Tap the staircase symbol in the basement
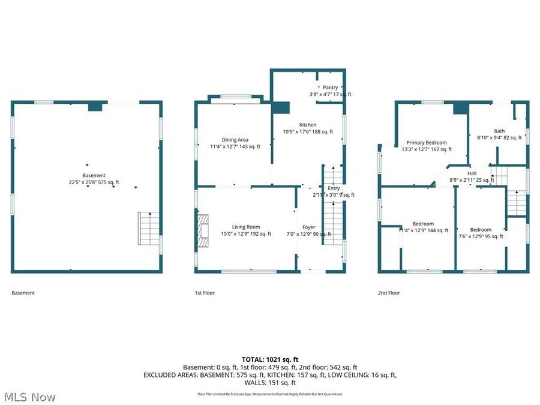(149, 227)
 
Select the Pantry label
(330, 88)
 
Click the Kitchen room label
(307, 124)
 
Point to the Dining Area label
(235, 140)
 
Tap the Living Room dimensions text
(246, 234)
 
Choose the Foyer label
(308, 227)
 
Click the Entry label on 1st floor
(334, 188)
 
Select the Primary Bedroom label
(426, 143)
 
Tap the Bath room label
(499, 131)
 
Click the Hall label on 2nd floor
(472, 173)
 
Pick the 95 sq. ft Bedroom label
(481, 229)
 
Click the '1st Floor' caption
(205, 293)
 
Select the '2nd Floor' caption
(389, 293)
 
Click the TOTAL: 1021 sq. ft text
(270, 359)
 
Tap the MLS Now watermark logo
(30, 397)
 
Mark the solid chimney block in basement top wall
(95, 106)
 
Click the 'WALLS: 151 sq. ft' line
(270, 383)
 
